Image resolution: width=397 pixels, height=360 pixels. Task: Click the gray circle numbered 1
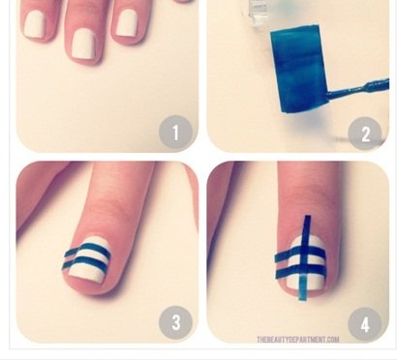tap(175, 132)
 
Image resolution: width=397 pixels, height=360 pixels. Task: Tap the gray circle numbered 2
tap(365, 134)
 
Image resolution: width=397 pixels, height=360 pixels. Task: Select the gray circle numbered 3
tap(175, 322)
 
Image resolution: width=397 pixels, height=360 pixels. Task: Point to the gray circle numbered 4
tap(365, 324)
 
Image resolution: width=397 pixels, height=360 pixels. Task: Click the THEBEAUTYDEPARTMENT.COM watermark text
tap(298, 340)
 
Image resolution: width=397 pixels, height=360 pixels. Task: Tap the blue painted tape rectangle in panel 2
tap(298, 69)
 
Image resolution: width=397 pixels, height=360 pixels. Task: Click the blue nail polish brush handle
tap(358, 89)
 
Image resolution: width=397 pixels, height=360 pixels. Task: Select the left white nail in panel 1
tap(36, 24)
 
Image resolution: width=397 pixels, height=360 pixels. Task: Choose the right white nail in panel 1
tap(127, 23)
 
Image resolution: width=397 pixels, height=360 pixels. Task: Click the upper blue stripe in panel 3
tap(88, 250)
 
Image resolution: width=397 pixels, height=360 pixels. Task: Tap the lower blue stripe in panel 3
tap(86, 262)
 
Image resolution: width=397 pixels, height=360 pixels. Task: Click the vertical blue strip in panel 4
tap(305, 258)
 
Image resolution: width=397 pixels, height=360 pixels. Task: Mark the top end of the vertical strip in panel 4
tap(307, 216)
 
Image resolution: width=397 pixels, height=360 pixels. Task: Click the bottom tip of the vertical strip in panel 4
tap(302, 300)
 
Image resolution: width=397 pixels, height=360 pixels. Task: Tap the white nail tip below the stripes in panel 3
tap(85, 277)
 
